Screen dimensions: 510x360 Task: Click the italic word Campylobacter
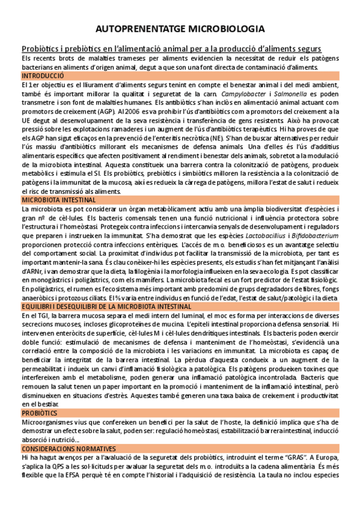click(243, 94)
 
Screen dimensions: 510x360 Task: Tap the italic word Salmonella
click(289, 94)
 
